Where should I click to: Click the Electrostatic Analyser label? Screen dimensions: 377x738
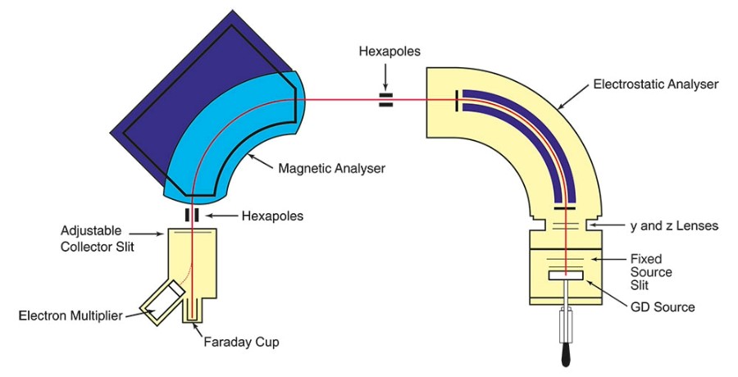655,84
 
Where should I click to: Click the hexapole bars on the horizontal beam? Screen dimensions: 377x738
385,101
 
